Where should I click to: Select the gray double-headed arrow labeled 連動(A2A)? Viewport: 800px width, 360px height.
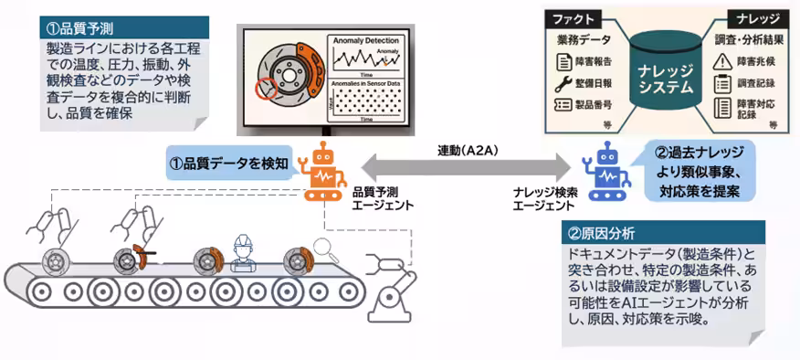click(464, 166)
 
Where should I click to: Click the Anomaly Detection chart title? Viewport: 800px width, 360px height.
click(365, 40)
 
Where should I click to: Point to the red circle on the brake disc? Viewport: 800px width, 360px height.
click(267, 90)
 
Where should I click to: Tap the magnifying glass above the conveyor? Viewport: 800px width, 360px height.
click(321, 246)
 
